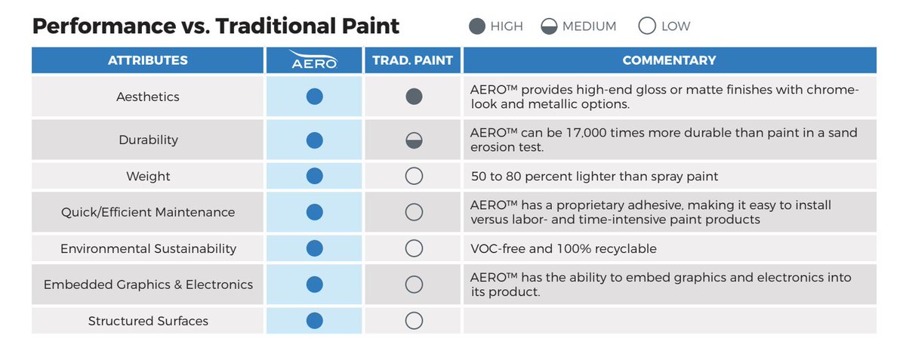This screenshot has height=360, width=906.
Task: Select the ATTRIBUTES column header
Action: pos(148,60)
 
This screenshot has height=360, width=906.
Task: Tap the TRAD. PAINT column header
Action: pos(413,60)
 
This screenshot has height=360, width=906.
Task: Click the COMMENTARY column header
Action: pos(669,60)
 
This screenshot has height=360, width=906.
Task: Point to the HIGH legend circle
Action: pos(477,26)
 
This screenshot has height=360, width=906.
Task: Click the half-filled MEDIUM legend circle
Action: pos(549,26)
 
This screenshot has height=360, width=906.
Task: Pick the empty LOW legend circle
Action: pos(647,26)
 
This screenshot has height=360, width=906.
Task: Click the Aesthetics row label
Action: pos(148,97)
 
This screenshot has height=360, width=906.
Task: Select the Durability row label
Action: pos(148,140)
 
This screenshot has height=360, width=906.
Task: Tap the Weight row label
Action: pos(148,177)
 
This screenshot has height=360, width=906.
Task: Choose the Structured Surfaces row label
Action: pos(148,321)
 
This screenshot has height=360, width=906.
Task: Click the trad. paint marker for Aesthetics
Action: pos(414,97)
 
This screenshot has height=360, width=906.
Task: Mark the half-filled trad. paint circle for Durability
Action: pos(414,140)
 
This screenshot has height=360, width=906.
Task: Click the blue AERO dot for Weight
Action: pos(315,176)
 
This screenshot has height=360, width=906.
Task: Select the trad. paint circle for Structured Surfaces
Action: pos(414,321)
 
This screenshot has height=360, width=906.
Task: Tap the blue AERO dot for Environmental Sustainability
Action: pos(315,248)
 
